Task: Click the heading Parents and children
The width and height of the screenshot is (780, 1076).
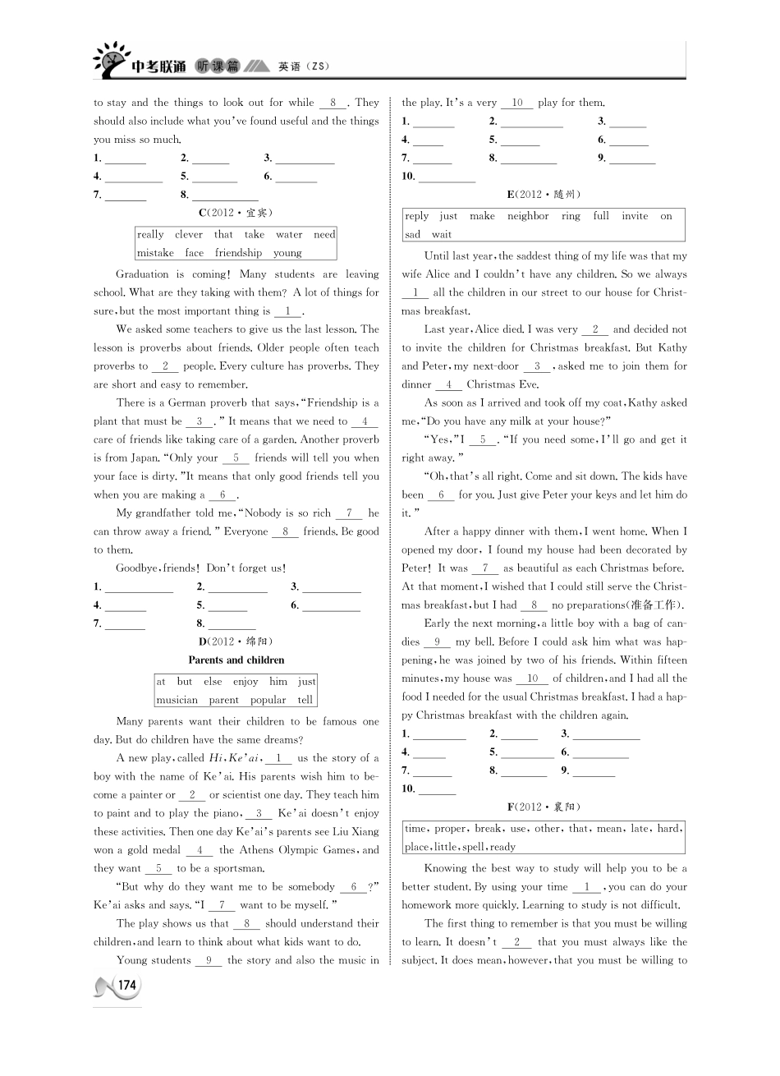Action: pyautogui.click(x=236, y=660)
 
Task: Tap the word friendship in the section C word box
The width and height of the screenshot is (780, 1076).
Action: pyautogui.click(x=238, y=253)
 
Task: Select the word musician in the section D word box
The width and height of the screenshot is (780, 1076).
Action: pyautogui.click(x=177, y=700)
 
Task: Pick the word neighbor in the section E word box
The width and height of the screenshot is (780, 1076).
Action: pyautogui.click(x=527, y=216)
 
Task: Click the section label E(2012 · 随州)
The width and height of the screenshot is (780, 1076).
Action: pyautogui.click(x=544, y=195)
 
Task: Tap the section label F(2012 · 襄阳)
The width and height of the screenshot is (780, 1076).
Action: pyautogui.click(x=544, y=807)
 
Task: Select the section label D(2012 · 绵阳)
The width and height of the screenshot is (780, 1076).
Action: pyautogui.click(x=236, y=641)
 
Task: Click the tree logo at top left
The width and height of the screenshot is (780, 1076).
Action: pyautogui.click(x=111, y=60)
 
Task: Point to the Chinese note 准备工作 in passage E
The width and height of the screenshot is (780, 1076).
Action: pyautogui.click(x=654, y=605)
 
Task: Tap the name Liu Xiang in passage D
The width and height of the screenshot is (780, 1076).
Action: pyautogui.click(x=356, y=831)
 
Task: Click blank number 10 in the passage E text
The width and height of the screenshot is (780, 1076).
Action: pyautogui.click(x=533, y=678)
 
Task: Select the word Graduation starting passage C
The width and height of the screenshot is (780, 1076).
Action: pyautogui.click(x=142, y=274)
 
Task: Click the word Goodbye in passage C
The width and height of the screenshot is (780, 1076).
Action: pyautogui.click(x=136, y=568)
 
